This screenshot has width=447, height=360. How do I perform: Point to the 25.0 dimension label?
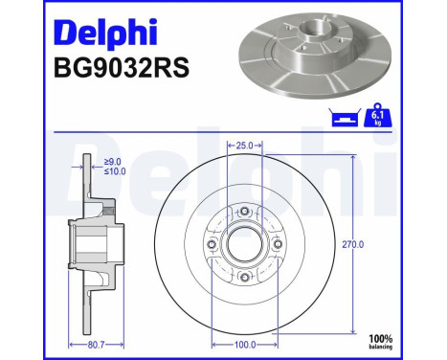point(244,146)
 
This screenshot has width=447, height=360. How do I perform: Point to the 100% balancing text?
point(408,342)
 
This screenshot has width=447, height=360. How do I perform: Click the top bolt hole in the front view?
point(244,212)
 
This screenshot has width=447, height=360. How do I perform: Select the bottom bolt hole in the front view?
point(244,278)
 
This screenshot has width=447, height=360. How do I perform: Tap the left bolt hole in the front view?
point(212,244)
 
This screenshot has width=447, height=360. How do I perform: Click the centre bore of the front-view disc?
point(244,244)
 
